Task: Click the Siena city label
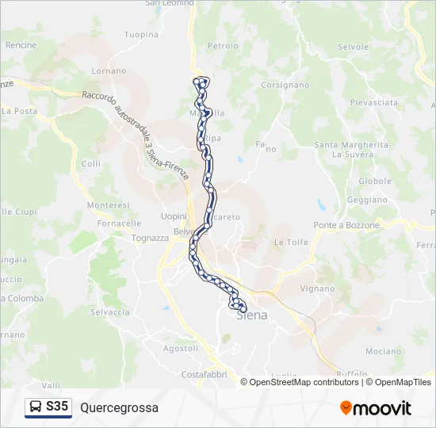(x=252, y=315)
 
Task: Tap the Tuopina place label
(x=142, y=35)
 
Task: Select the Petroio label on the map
(x=223, y=46)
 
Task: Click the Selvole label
(x=353, y=47)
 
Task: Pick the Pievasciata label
(x=374, y=103)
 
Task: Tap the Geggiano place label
(x=366, y=201)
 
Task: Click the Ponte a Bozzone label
(x=346, y=225)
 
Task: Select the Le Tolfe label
(x=290, y=242)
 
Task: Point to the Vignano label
(x=318, y=289)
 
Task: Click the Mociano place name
(x=384, y=351)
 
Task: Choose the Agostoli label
(x=180, y=348)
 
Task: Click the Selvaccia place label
(x=110, y=312)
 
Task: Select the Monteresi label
(x=108, y=204)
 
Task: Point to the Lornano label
(x=109, y=71)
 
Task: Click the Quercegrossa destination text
(x=119, y=408)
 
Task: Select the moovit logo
(x=376, y=408)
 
